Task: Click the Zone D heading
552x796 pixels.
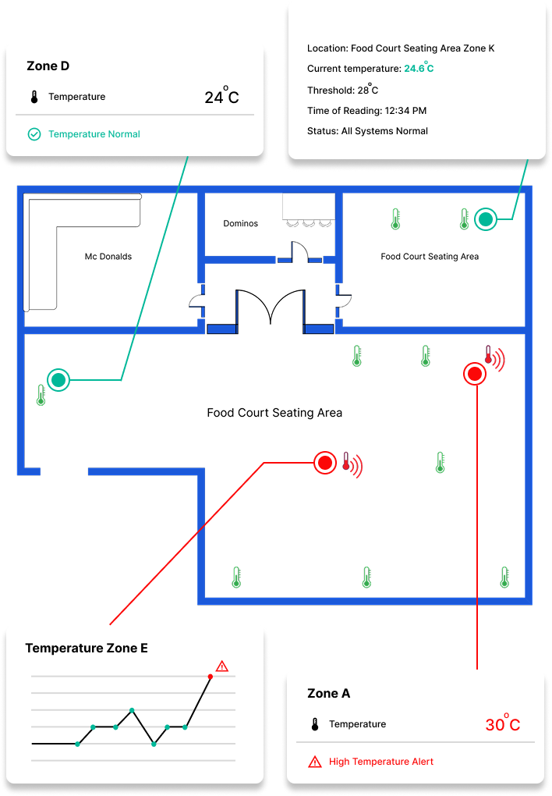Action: [48, 66]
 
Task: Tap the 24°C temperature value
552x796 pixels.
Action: [221, 98]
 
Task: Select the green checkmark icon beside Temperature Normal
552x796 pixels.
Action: [34, 134]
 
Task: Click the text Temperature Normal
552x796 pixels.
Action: [94, 134]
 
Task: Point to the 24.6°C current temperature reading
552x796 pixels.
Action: [419, 69]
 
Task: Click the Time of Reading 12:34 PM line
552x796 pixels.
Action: [366, 111]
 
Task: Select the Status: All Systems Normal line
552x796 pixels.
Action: [367, 131]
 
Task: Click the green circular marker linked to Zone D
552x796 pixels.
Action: [58, 380]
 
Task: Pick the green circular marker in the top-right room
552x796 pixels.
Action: [486, 220]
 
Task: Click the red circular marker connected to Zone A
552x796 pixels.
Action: [475, 374]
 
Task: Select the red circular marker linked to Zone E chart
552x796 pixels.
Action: [325, 463]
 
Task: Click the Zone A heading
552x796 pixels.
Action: [328, 694]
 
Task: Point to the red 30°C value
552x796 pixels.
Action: [502, 725]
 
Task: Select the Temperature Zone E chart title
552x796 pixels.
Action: [87, 649]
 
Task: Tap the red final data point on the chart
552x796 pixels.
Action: [211, 677]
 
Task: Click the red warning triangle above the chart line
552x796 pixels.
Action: [222, 666]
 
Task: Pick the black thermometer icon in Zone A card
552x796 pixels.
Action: [315, 725]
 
